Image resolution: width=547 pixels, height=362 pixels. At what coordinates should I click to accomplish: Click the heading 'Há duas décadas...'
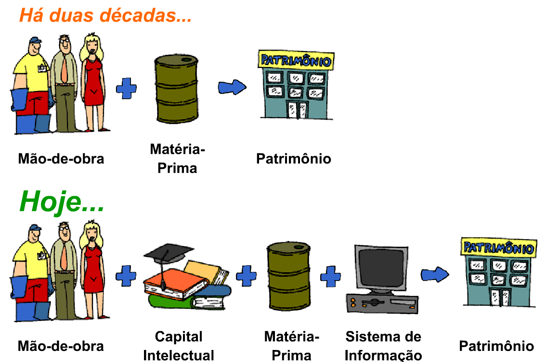(105, 15)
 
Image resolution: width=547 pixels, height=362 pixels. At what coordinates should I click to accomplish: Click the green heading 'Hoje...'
(62, 201)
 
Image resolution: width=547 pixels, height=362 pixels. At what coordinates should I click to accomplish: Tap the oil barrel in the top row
(176, 90)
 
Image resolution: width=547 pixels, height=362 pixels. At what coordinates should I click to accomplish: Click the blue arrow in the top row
(232, 87)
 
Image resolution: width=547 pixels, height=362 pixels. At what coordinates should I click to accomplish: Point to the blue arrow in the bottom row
(434, 275)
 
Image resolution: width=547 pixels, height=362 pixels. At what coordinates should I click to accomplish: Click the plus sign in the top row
(126, 89)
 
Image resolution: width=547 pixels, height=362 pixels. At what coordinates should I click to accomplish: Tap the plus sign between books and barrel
(246, 276)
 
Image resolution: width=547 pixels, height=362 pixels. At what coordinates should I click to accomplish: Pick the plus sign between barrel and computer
(331, 276)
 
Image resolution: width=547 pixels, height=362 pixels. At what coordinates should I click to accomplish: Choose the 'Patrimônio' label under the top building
(293, 159)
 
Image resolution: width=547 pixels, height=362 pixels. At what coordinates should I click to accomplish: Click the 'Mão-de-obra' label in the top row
(61, 159)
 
